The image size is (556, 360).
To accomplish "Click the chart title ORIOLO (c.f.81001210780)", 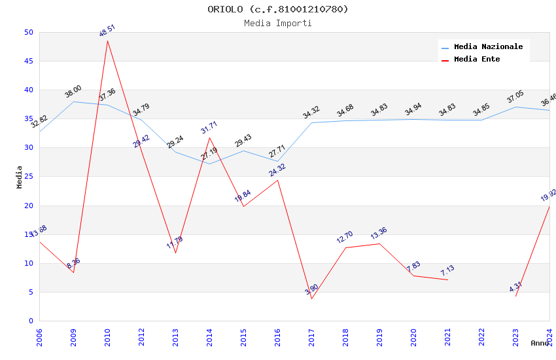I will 278,9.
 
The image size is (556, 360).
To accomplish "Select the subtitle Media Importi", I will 278,24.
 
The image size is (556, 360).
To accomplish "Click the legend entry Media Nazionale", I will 488,47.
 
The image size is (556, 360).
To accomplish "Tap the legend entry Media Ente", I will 477,60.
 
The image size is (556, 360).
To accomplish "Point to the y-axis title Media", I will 20,177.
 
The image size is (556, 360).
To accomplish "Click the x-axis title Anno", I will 540,343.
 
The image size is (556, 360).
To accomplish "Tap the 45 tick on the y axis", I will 28,62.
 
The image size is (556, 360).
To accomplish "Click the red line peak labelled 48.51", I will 107,41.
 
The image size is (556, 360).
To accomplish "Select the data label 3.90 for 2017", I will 311,289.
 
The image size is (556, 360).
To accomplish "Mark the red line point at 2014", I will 209,137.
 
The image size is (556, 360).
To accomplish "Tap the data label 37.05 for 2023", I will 515,98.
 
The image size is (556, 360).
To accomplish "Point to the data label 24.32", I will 277,170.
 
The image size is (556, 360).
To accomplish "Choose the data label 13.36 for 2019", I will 379,234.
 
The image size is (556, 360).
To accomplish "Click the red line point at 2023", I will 515,297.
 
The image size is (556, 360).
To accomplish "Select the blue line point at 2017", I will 311,122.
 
